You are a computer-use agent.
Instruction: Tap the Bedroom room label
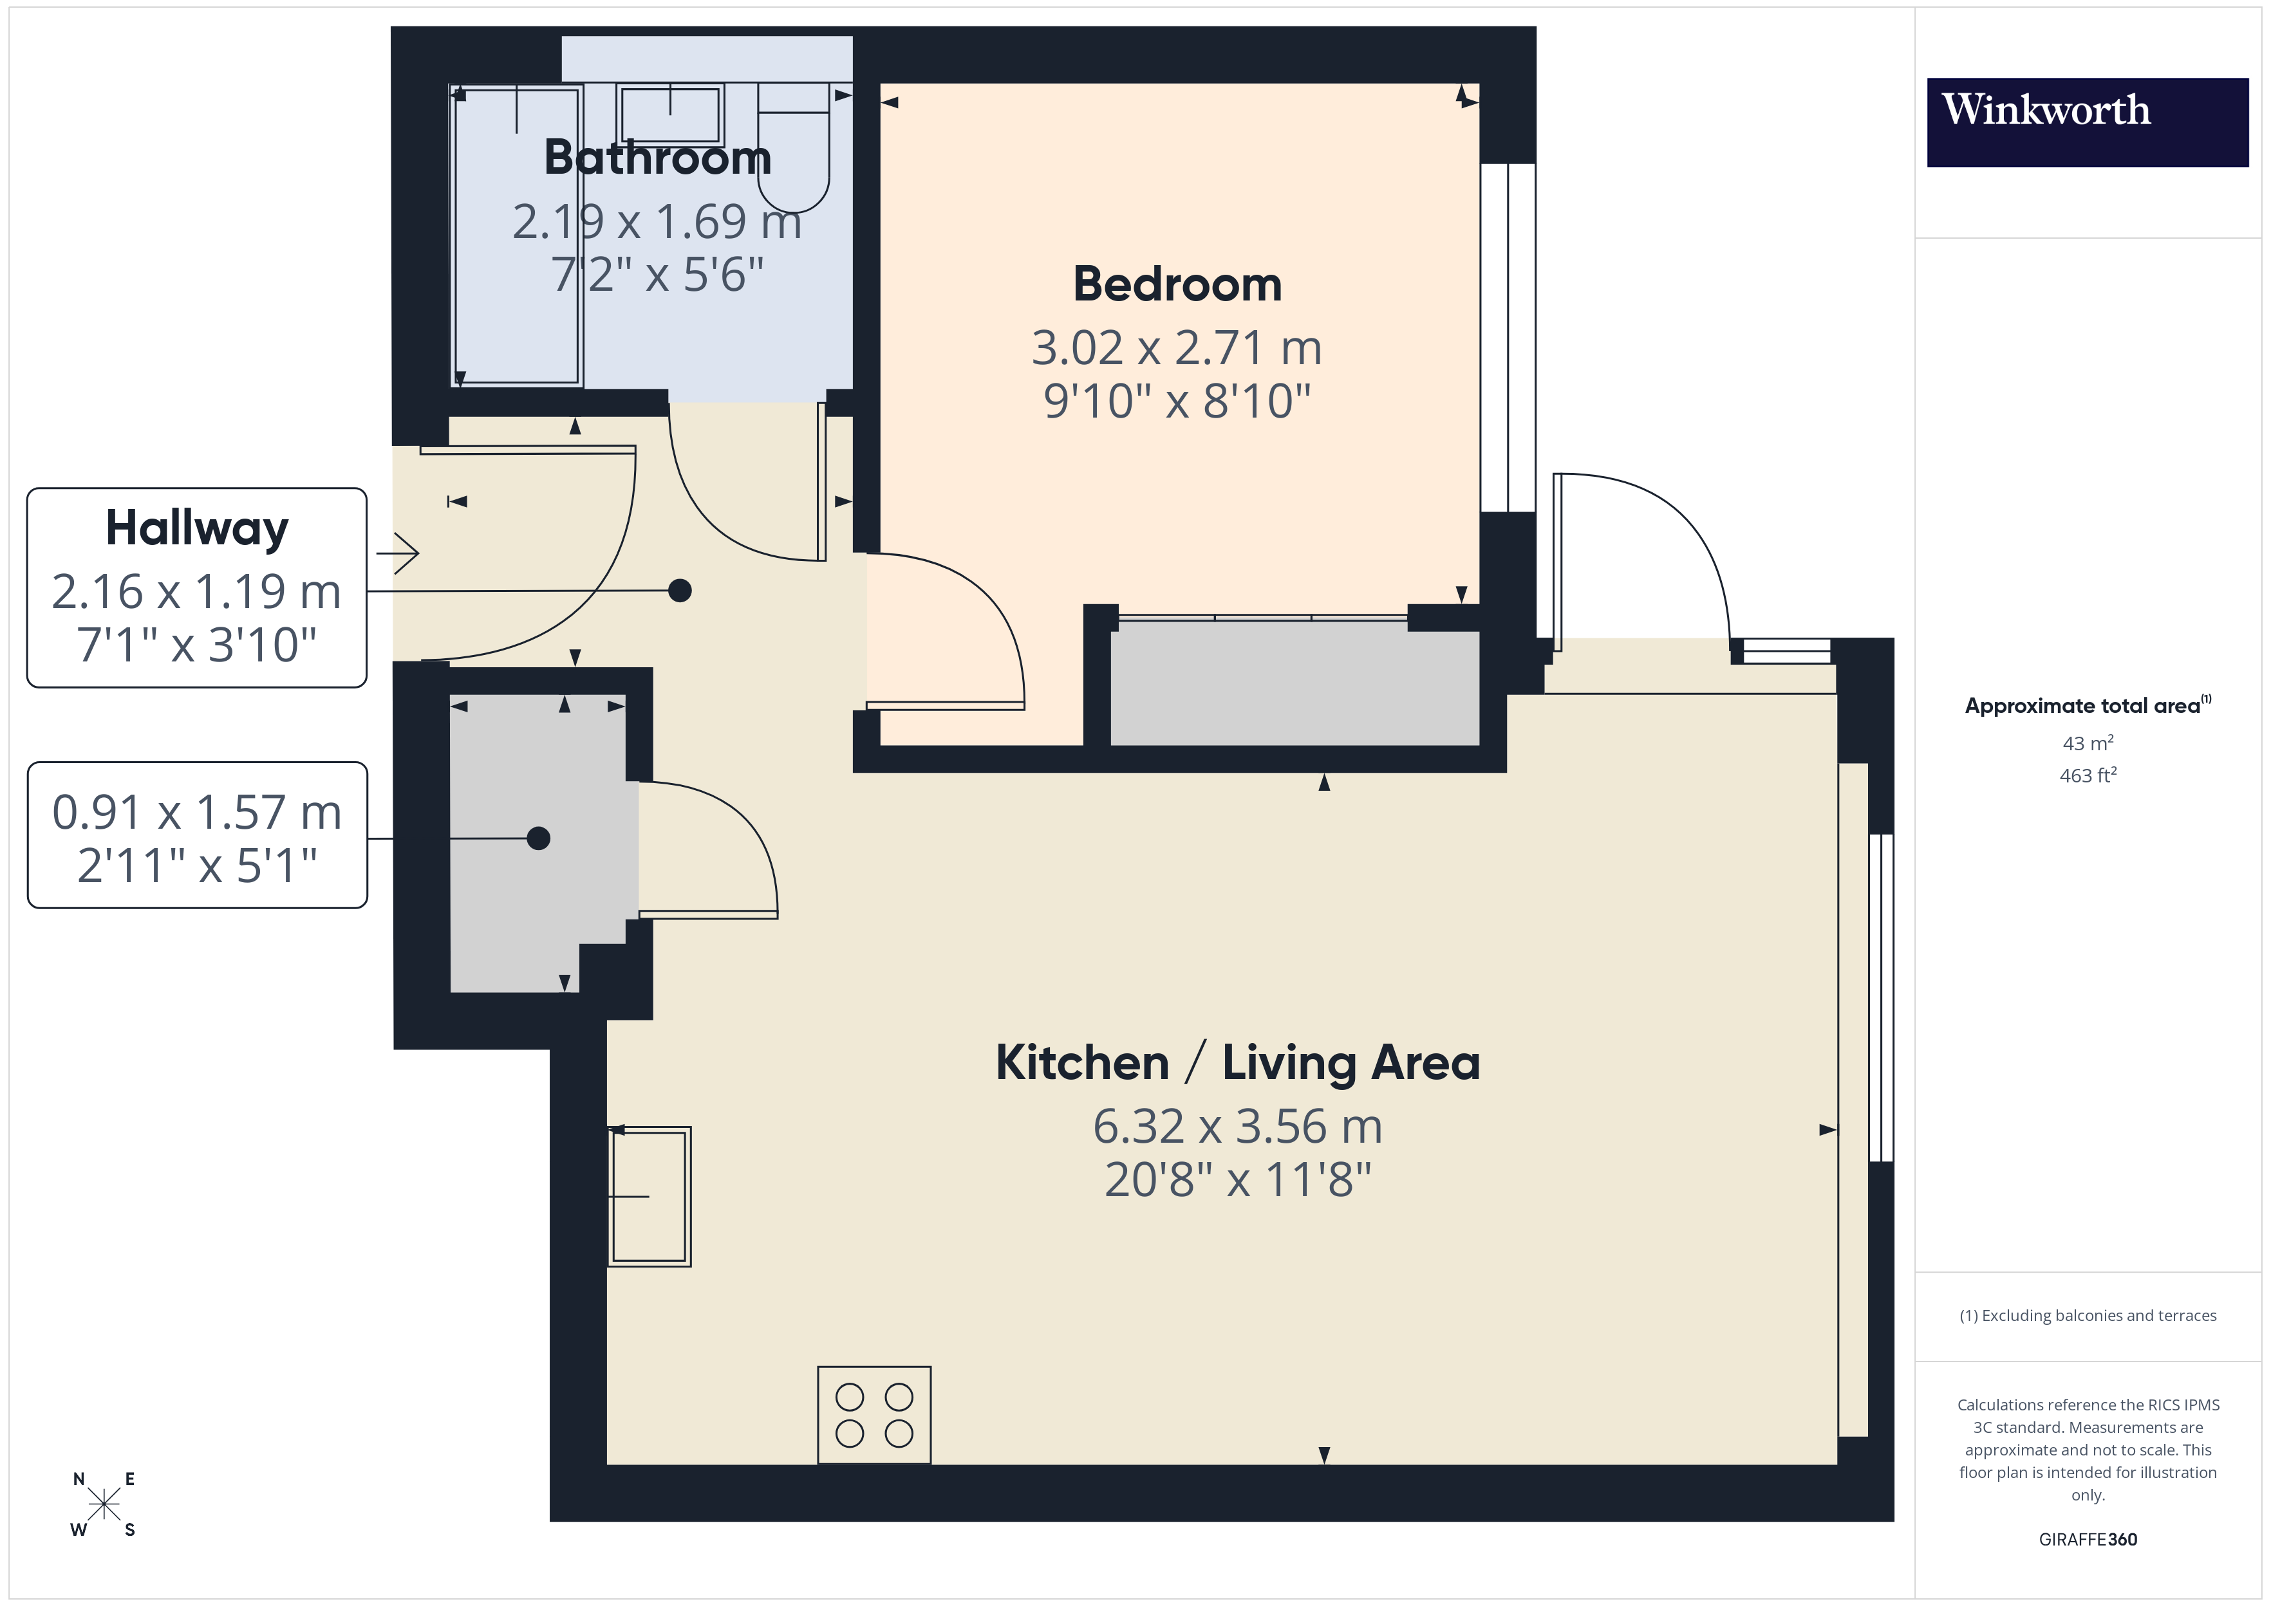[x=1177, y=285]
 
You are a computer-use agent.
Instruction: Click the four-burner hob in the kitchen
[x=874, y=1414]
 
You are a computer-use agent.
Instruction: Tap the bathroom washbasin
[x=669, y=115]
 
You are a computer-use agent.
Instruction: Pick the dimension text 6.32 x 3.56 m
[x=1237, y=1127]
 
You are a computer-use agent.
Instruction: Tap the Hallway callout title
[x=197, y=528]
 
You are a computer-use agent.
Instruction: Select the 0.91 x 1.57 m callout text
[x=197, y=813]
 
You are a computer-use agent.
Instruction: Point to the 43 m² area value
[x=2087, y=743]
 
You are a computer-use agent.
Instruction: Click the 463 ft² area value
[x=2087, y=775]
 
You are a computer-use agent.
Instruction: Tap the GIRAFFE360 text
[x=2087, y=1538]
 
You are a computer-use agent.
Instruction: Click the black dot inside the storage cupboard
[x=538, y=838]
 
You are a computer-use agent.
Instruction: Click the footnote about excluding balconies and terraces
[x=2087, y=1315]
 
